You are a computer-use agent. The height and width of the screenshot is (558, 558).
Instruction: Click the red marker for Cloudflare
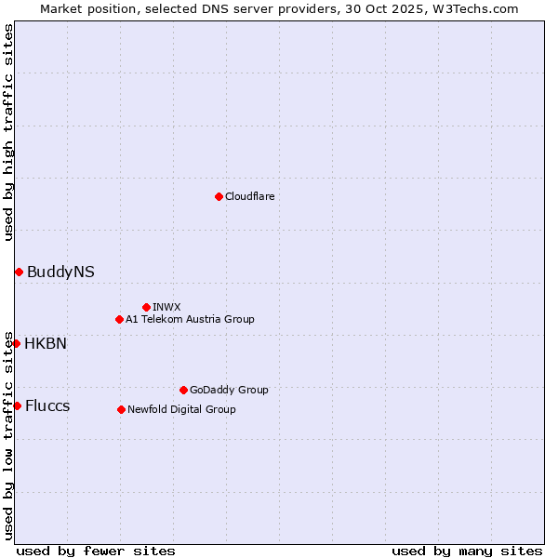(x=219, y=196)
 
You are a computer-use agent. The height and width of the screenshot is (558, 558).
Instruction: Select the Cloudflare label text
(x=249, y=196)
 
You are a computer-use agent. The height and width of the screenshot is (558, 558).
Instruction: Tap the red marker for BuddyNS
(x=19, y=272)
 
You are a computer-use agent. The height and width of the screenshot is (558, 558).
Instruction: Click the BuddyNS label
(x=60, y=272)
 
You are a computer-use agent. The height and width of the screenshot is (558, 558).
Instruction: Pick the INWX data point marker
(x=146, y=307)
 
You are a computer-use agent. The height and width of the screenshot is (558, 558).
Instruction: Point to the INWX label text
(x=166, y=307)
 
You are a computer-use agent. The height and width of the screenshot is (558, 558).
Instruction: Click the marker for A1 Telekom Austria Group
(x=119, y=319)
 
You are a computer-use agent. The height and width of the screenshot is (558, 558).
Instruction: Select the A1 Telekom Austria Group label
(x=190, y=319)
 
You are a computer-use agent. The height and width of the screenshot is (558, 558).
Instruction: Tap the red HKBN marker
(x=16, y=343)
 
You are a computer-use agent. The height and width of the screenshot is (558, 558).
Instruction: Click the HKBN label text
(x=46, y=343)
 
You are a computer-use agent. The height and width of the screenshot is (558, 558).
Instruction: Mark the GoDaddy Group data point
(x=183, y=390)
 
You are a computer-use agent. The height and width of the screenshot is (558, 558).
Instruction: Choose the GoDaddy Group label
(x=229, y=390)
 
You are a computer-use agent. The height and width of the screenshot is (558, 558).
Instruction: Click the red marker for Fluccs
(x=17, y=405)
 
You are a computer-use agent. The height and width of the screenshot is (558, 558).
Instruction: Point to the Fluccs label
(x=47, y=405)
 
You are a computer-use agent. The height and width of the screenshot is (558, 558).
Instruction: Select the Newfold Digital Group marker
(x=121, y=409)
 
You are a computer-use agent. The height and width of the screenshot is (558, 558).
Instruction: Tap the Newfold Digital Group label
(x=181, y=409)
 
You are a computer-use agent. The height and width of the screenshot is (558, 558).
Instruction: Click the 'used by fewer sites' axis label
(x=96, y=551)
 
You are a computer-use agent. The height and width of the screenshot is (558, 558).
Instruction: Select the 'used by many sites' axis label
(x=467, y=551)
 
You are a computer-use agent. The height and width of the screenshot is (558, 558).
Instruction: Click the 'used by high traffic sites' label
(x=8, y=131)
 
